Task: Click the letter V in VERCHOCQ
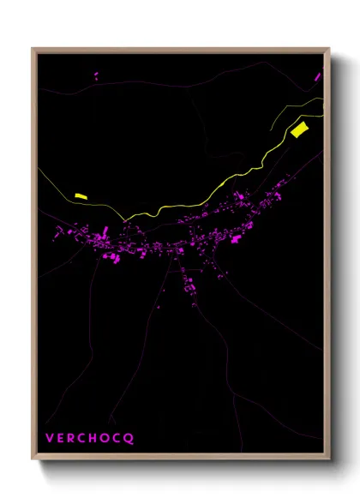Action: point(50,438)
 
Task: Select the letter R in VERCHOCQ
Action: point(73,438)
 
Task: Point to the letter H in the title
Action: point(96,438)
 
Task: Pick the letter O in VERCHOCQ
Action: point(108,438)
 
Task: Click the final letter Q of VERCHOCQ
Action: point(130,438)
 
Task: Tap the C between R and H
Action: point(84,438)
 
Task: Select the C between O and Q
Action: point(119,438)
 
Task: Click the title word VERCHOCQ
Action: point(90,438)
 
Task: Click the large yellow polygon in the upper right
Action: point(298,130)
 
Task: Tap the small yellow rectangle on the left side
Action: point(81,196)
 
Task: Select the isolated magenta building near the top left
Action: point(95,76)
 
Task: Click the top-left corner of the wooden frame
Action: point(33,49)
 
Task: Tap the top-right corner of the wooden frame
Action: point(328,49)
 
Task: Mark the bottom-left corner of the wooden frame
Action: point(33,459)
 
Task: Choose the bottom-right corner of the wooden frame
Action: point(328,459)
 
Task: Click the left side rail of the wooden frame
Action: point(34,257)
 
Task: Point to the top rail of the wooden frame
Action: point(180,50)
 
